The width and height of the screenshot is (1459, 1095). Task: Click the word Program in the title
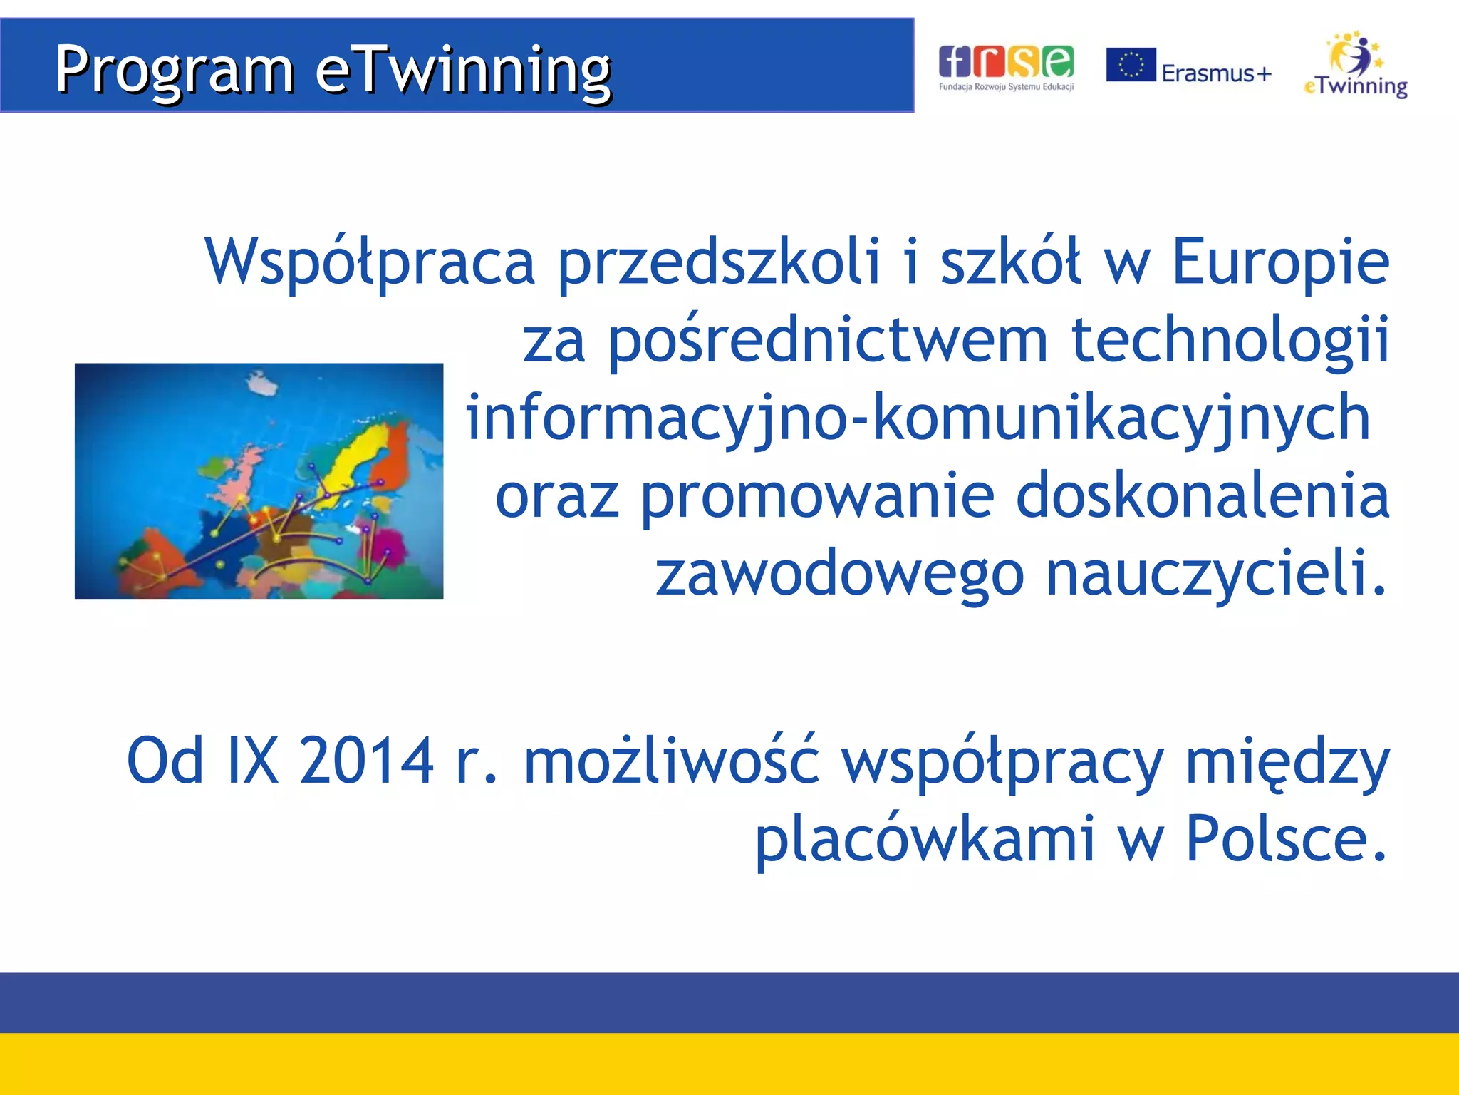click(x=175, y=70)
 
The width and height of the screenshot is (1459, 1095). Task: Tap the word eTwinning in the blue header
click(x=463, y=70)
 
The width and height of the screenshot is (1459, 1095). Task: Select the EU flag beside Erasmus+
click(x=1131, y=65)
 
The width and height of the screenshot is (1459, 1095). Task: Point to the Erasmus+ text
click(x=1216, y=73)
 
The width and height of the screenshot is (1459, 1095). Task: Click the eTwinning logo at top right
click(x=1356, y=66)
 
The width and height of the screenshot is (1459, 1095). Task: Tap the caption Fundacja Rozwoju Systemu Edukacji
click(x=1005, y=87)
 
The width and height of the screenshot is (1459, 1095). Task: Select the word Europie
click(x=1280, y=262)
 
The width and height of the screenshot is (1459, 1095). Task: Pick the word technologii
click(x=1230, y=340)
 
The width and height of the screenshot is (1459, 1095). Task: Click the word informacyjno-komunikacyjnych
click(x=918, y=418)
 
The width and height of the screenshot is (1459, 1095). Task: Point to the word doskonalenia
click(x=1202, y=496)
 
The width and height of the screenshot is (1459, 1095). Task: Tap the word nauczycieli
click(x=1216, y=575)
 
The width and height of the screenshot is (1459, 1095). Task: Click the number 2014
click(x=366, y=761)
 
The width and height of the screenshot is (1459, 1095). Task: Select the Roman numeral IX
click(x=252, y=761)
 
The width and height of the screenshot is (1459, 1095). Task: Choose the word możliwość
click(x=671, y=761)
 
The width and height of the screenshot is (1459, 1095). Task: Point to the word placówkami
click(x=924, y=839)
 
